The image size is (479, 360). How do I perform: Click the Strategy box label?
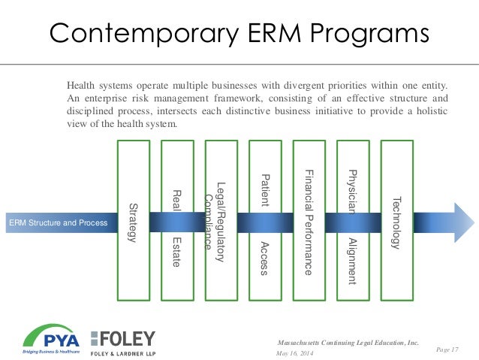133,222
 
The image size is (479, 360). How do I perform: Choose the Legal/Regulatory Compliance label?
215,222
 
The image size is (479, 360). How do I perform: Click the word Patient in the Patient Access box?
264,191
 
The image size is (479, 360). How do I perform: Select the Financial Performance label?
309,222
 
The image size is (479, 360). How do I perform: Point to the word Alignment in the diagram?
352,260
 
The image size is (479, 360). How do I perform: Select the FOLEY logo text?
123,338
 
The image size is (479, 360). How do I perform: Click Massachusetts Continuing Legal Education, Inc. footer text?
348,342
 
